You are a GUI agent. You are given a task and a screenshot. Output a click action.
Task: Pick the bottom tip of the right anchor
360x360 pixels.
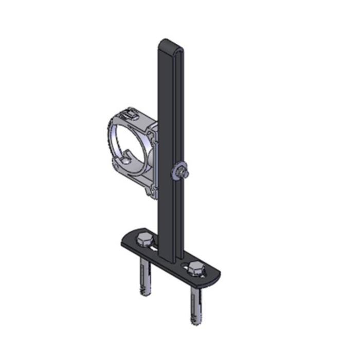click(196, 322)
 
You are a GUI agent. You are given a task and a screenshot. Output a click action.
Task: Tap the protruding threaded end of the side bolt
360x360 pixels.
click(187, 174)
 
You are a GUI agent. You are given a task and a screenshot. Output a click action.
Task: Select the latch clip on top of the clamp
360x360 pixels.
click(131, 114)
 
